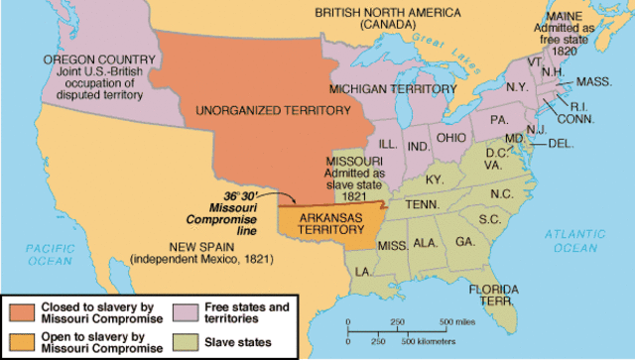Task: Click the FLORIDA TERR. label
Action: [490, 293]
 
